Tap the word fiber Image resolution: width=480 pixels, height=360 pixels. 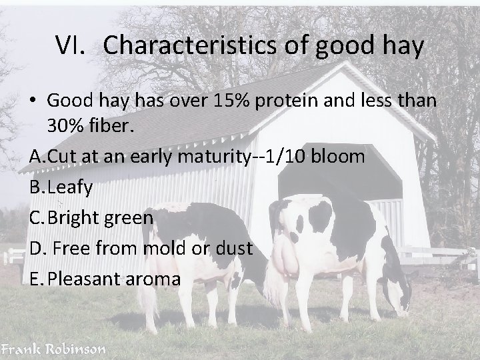113,125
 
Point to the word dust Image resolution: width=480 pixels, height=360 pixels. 233,248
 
